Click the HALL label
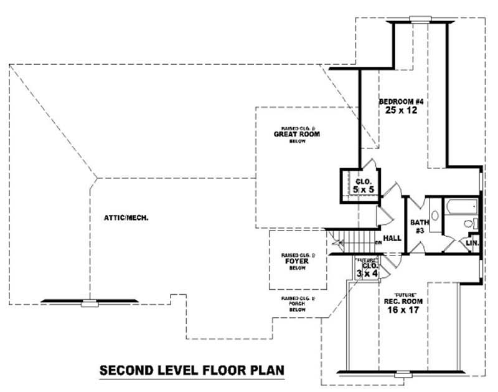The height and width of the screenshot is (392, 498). [392, 238]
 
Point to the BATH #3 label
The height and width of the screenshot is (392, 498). [416, 226]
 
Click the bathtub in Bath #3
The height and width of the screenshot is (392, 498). [459, 206]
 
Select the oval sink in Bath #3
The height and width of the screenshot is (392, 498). [435, 216]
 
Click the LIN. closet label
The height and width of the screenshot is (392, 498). [472, 244]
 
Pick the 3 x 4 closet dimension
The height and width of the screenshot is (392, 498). [363, 272]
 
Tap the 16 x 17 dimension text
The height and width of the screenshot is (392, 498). [400, 308]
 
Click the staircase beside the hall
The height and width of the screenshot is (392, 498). [354, 240]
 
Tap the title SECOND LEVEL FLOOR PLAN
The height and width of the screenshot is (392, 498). [192, 371]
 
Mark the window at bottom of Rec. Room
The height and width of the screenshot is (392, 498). [404, 375]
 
